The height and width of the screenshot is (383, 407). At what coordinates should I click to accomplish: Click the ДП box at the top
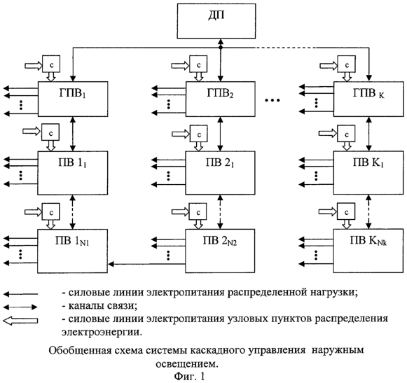pos(216,21)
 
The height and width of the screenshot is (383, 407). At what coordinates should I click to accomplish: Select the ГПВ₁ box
pos(73,99)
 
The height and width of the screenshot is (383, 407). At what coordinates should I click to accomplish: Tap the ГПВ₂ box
pos(221,99)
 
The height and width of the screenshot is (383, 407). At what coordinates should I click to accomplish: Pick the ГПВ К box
pos(368,99)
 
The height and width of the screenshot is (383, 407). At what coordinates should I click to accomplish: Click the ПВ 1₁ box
pos(73,173)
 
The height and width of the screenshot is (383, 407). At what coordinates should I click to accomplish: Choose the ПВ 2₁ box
pos(220,173)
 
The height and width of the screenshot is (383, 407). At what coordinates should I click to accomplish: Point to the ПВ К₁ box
pos(368,173)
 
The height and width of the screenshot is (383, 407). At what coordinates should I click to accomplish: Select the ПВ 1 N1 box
pos(72,251)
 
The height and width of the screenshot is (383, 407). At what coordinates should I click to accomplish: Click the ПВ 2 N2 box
pos(220,251)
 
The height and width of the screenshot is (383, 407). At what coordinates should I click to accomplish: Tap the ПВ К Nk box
pos(368,251)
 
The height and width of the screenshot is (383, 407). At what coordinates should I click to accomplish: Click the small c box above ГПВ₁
pos(51,64)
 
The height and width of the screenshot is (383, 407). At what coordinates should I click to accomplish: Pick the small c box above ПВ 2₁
pos(198,134)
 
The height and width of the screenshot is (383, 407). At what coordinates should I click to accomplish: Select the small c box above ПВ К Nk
pos(346,211)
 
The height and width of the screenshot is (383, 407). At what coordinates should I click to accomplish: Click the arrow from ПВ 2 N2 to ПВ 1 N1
pos(146,264)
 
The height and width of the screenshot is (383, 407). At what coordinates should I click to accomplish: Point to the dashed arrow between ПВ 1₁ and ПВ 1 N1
pos(73,212)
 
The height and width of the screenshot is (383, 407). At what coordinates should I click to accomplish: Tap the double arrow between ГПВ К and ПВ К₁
pos(369,134)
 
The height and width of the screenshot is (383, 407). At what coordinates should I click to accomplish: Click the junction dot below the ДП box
pos(221,48)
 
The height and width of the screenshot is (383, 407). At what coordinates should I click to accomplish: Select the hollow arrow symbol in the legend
pos(20,321)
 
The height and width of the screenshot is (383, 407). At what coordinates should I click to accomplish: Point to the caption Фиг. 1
pos(189,376)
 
